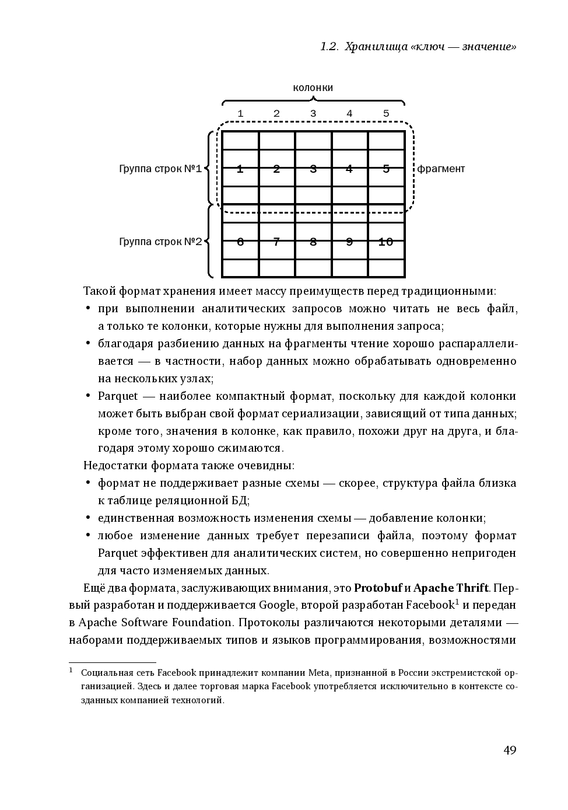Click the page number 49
pos(509,750)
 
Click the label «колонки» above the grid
pos(313,88)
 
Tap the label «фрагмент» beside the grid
pos(441,169)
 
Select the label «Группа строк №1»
pos(160,169)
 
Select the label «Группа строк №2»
pos(160,242)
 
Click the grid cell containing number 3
pos(313,169)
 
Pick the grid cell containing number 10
pos(385,242)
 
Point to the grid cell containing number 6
pos(240,242)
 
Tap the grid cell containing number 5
pos(385,169)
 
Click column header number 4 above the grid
pos(349,114)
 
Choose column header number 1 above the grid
pos(240,114)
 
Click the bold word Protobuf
pos(378,588)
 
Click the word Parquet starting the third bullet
pos(118,396)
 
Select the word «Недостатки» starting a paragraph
pos(116,466)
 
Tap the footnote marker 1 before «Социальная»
pos(71,671)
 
